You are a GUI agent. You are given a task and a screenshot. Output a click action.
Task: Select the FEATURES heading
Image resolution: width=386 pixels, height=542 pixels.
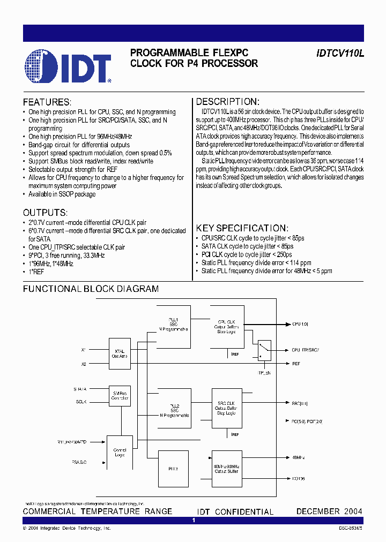pos(47,102)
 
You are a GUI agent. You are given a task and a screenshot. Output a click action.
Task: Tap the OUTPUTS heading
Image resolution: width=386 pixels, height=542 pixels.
pos(45,212)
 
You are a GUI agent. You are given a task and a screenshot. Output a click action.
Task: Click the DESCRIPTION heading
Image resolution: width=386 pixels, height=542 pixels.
pos(228,102)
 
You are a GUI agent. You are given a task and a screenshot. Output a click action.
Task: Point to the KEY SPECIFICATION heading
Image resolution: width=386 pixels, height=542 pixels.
pos(242,228)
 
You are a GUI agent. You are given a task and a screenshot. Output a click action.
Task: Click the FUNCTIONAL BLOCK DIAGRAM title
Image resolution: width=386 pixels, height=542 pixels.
pos(91,289)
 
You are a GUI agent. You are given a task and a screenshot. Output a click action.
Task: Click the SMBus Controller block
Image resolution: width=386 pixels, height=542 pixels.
pos(120,396)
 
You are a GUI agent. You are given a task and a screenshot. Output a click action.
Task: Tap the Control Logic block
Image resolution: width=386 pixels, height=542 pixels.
pos(120,453)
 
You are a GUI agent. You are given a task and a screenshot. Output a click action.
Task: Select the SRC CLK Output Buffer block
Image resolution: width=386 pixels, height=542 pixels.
pos(226,408)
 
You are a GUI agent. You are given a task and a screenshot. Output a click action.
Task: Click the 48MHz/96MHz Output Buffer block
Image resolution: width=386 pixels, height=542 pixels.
pos(226,469)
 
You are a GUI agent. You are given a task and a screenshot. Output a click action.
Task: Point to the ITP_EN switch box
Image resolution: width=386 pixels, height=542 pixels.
pos(264,351)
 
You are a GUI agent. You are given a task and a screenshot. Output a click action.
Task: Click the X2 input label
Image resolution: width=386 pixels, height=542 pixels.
pos(83,364)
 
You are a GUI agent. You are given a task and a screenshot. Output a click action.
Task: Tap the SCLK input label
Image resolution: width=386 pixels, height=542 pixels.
pos(81,402)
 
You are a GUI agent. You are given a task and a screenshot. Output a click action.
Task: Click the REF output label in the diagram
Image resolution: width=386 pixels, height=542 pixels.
pos(296,364)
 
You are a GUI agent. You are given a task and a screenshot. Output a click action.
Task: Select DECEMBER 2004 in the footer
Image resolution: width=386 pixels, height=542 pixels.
pos(329,511)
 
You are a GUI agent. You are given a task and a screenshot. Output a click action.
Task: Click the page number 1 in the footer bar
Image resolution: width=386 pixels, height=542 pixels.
pos(193,520)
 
